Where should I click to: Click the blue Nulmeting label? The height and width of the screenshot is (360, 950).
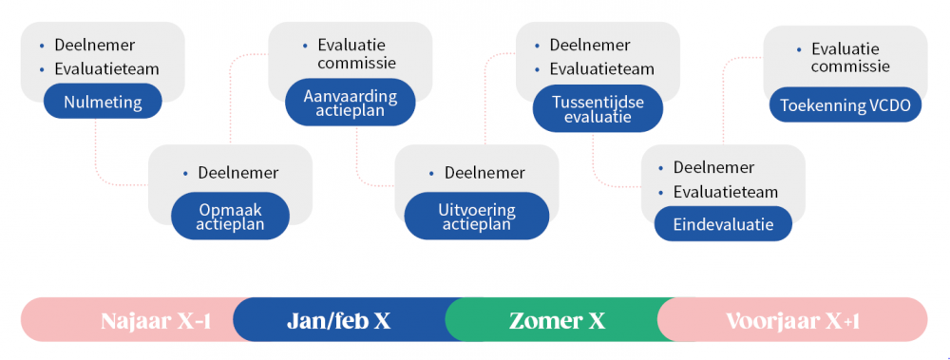coord(103,102)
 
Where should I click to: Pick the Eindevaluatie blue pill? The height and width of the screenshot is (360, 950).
coord(723,224)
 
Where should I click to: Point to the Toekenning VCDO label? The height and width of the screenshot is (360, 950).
coord(845,104)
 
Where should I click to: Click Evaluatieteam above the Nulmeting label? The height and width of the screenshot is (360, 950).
coord(106,68)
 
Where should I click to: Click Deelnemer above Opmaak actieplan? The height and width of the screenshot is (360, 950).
coord(237,173)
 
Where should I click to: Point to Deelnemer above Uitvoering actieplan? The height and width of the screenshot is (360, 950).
coord(484,173)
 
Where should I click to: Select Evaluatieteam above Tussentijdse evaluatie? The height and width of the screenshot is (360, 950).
coord(601,68)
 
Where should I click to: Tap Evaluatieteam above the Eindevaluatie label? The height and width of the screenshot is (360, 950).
coord(726,192)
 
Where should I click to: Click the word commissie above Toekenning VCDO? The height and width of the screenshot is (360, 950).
coord(850,66)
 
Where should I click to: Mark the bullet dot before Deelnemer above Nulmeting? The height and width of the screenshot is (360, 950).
coord(42,45)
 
